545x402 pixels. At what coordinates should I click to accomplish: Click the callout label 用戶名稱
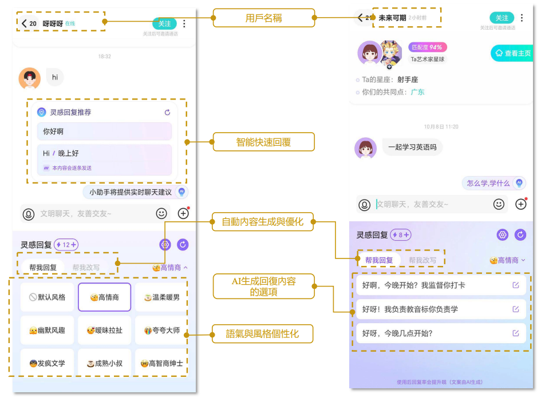pyautogui.click(x=264, y=18)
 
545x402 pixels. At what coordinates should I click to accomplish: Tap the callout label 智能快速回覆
pyautogui.click(x=264, y=142)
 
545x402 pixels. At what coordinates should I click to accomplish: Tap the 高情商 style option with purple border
pyautogui.click(x=105, y=297)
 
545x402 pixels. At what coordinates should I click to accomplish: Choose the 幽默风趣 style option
pyautogui.click(x=48, y=331)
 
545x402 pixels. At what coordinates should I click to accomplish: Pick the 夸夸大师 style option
pyautogui.click(x=162, y=331)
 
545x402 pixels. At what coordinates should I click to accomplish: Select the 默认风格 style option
pyautogui.click(x=48, y=297)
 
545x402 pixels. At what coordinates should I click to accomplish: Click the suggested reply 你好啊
pyautogui.click(x=104, y=132)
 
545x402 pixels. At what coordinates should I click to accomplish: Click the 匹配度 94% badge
pyautogui.click(x=428, y=47)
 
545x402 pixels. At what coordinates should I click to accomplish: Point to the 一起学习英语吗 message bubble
pyautogui.click(x=412, y=148)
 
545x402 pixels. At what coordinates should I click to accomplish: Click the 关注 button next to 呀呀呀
pyautogui.click(x=164, y=23)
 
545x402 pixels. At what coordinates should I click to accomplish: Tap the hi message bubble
pyautogui.click(x=55, y=77)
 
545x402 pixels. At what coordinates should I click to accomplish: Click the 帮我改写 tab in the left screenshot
pyautogui.click(x=86, y=267)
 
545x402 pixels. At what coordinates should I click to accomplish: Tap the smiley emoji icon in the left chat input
pyautogui.click(x=161, y=213)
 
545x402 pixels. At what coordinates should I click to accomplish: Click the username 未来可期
pyautogui.click(x=392, y=18)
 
